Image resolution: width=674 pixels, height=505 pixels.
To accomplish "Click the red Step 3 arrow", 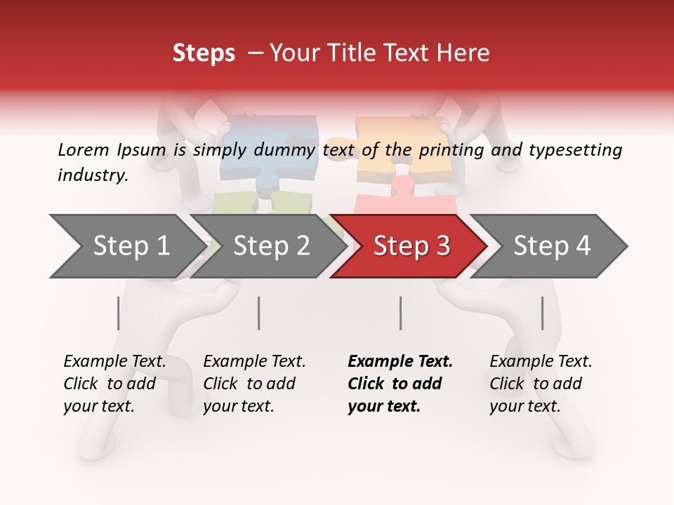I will (x=411, y=246).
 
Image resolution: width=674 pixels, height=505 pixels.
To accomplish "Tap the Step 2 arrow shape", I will (x=271, y=246).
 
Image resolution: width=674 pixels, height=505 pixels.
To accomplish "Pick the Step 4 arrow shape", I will (x=551, y=246).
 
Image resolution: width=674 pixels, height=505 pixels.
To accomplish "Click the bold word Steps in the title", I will (x=204, y=53).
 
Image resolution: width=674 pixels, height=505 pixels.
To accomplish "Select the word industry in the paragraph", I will (x=93, y=175).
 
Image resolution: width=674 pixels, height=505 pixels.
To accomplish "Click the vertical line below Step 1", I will (x=119, y=313).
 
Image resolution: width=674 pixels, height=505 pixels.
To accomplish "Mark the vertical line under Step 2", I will (x=259, y=313).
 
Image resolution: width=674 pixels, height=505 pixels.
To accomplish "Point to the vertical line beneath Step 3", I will (x=400, y=313).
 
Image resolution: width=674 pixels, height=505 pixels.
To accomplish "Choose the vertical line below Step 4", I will (x=542, y=313).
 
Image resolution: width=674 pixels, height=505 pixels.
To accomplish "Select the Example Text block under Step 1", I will (x=114, y=384).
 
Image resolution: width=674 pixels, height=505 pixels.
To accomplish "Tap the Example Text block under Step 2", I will (x=254, y=384).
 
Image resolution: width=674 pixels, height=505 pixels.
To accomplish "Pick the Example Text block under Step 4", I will (x=541, y=384).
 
